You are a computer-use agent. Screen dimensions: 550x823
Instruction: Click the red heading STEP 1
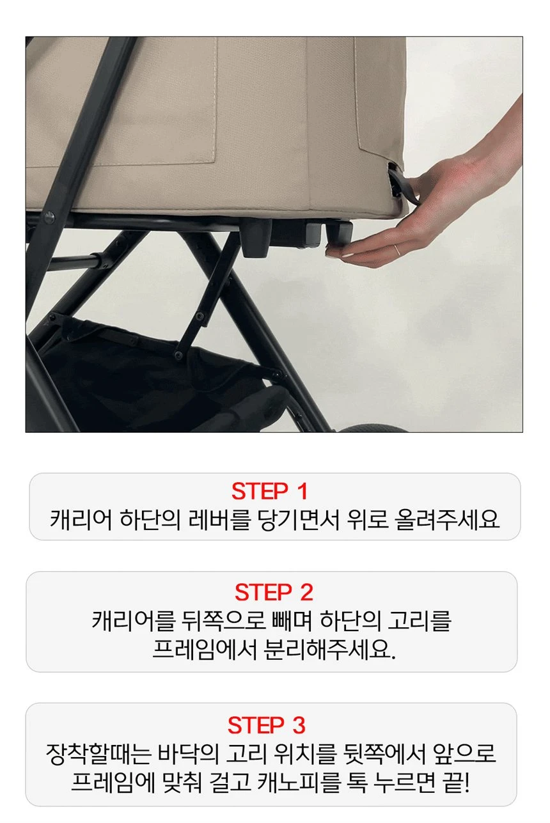click(x=269, y=491)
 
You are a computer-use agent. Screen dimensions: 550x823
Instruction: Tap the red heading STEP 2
click(x=274, y=592)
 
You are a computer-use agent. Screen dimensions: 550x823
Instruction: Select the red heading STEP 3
click(x=266, y=725)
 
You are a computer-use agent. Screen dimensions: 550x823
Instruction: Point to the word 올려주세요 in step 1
click(x=446, y=519)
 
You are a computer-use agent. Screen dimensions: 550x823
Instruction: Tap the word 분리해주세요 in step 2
click(x=329, y=650)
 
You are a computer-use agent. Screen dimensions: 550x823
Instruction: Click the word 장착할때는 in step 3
click(x=98, y=754)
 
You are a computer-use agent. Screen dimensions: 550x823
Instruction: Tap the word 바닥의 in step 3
click(x=187, y=754)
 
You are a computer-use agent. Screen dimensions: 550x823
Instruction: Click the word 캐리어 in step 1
click(x=81, y=519)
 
